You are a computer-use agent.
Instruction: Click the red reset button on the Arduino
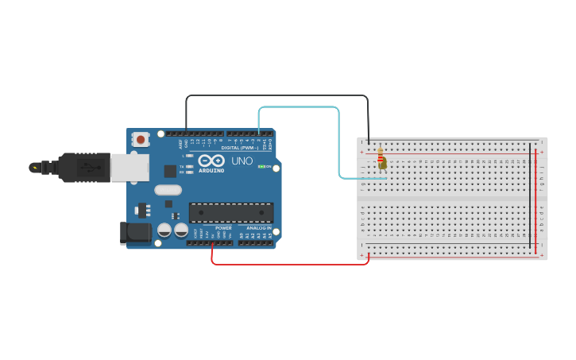click(141, 139)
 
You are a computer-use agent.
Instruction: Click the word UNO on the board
click(242, 161)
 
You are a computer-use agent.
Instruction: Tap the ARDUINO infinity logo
click(211, 161)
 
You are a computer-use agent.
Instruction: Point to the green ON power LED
click(261, 166)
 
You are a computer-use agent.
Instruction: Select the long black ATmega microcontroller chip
click(231, 212)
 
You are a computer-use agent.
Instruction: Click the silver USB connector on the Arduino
click(129, 167)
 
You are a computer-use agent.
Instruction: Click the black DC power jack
click(135, 232)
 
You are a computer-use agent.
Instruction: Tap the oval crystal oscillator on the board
click(168, 190)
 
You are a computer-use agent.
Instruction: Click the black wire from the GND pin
click(278, 96)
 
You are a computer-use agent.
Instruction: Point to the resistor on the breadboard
click(381, 159)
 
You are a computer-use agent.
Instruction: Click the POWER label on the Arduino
click(223, 228)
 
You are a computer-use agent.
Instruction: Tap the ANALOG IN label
click(260, 228)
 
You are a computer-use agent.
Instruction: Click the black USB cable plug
click(83, 167)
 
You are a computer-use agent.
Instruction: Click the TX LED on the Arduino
click(189, 167)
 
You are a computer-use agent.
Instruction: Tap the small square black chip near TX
click(170, 171)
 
